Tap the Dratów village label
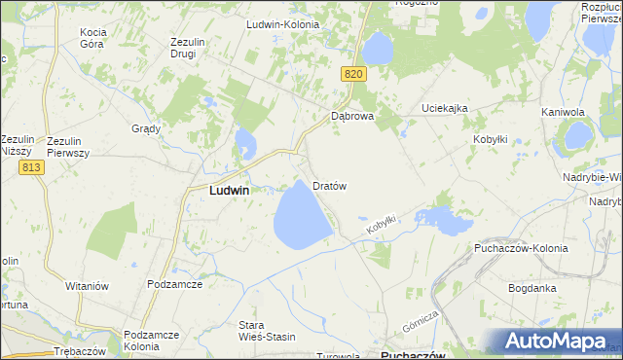(x=330, y=185)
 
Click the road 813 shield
(x=30, y=167)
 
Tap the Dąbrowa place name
(x=352, y=116)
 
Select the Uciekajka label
(x=445, y=108)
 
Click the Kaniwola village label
(x=562, y=113)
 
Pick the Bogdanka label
(x=532, y=288)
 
